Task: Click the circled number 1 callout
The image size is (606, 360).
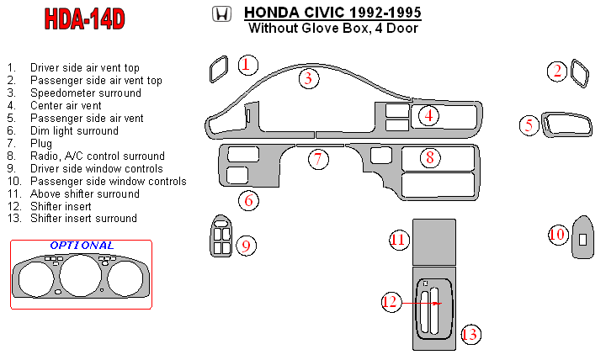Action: pos(247,65)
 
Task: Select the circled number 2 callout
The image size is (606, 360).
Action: pos(557,71)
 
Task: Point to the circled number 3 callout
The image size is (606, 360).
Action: pos(309,79)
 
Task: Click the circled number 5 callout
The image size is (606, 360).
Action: pos(529,126)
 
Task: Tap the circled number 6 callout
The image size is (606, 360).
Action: pos(247,200)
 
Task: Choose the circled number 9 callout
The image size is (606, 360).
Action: pos(246,245)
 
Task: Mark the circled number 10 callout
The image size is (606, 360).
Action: pos(557,235)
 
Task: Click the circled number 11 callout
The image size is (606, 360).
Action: pos(399,240)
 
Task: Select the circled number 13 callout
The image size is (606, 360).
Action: pos(470,335)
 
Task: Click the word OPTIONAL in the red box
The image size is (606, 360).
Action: pos(81,246)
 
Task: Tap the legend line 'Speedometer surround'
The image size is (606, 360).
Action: pos(85,93)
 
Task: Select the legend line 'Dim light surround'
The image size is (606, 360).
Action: pos(74,130)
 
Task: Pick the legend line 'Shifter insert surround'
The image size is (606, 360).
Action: pos(82,219)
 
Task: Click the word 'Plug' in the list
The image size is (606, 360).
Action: pos(41,143)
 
